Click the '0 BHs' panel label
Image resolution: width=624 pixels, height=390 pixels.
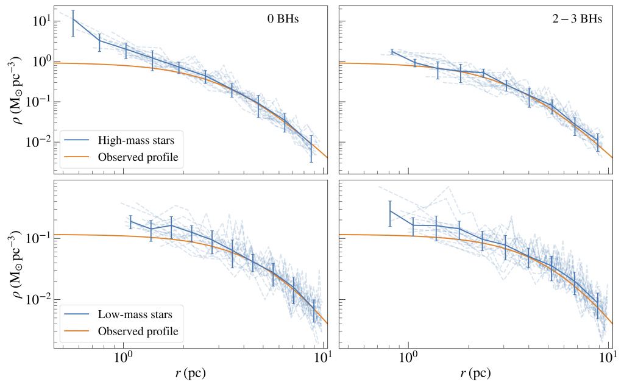(x=283, y=19)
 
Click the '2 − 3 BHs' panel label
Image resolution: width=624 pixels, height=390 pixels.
(x=577, y=19)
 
